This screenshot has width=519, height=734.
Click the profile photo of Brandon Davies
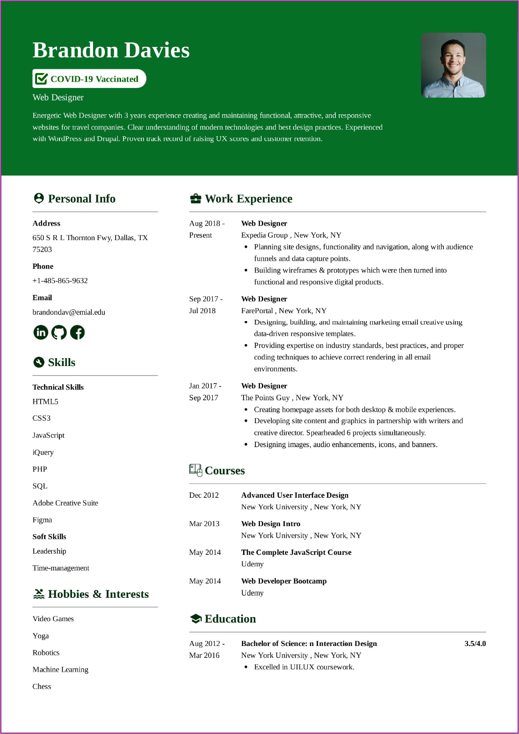pyautogui.click(x=453, y=65)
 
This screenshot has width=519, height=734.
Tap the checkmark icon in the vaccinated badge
pyautogui.click(x=41, y=79)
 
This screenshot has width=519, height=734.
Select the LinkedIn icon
pyautogui.click(x=41, y=332)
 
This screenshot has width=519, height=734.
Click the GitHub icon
pyautogui.click(x=59, y=332)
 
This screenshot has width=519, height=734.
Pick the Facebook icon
pyautogui.click(x=77, y=332)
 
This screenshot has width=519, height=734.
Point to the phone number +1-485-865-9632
pyautogui.click(x=60, y=280)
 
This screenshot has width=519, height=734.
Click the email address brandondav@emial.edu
pyautogui.click(x=69, y=312)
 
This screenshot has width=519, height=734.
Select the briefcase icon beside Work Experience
pyautogui.click(x=195, y=198)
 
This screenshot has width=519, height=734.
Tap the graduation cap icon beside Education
pyautogui.click(x=195, y=619)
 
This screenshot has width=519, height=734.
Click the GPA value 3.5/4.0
pyautogui.click(x=475, y=643)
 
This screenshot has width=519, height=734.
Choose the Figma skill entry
pyautogui.click(x=42, y=520)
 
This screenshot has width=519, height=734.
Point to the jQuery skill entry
pyautogui.click(x=43, y=452)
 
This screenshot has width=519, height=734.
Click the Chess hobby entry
pyautogui.click(x=42, y=686)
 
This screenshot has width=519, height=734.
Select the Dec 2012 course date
pyautogui.click(x=204, y=495)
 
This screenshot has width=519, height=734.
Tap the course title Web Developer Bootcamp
pyautogui.click(x=284, y=581)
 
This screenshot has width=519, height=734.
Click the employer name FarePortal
pyautogui.click(x=257, y=310)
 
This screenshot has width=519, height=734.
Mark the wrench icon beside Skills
pyautogui.click(x=39, y=362)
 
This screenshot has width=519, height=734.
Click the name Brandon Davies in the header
pyautogui.click(x=111, y=50)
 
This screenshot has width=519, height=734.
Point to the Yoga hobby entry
pyautogui.click(x=41, y=636)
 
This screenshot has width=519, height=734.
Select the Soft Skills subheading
pyautogui.click(x=49, y=536)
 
